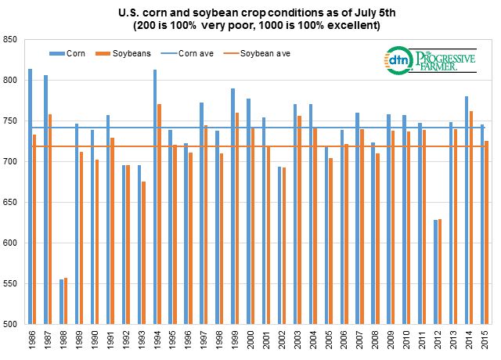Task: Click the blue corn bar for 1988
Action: coord(62,301)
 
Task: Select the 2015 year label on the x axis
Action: coord(486,340)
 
